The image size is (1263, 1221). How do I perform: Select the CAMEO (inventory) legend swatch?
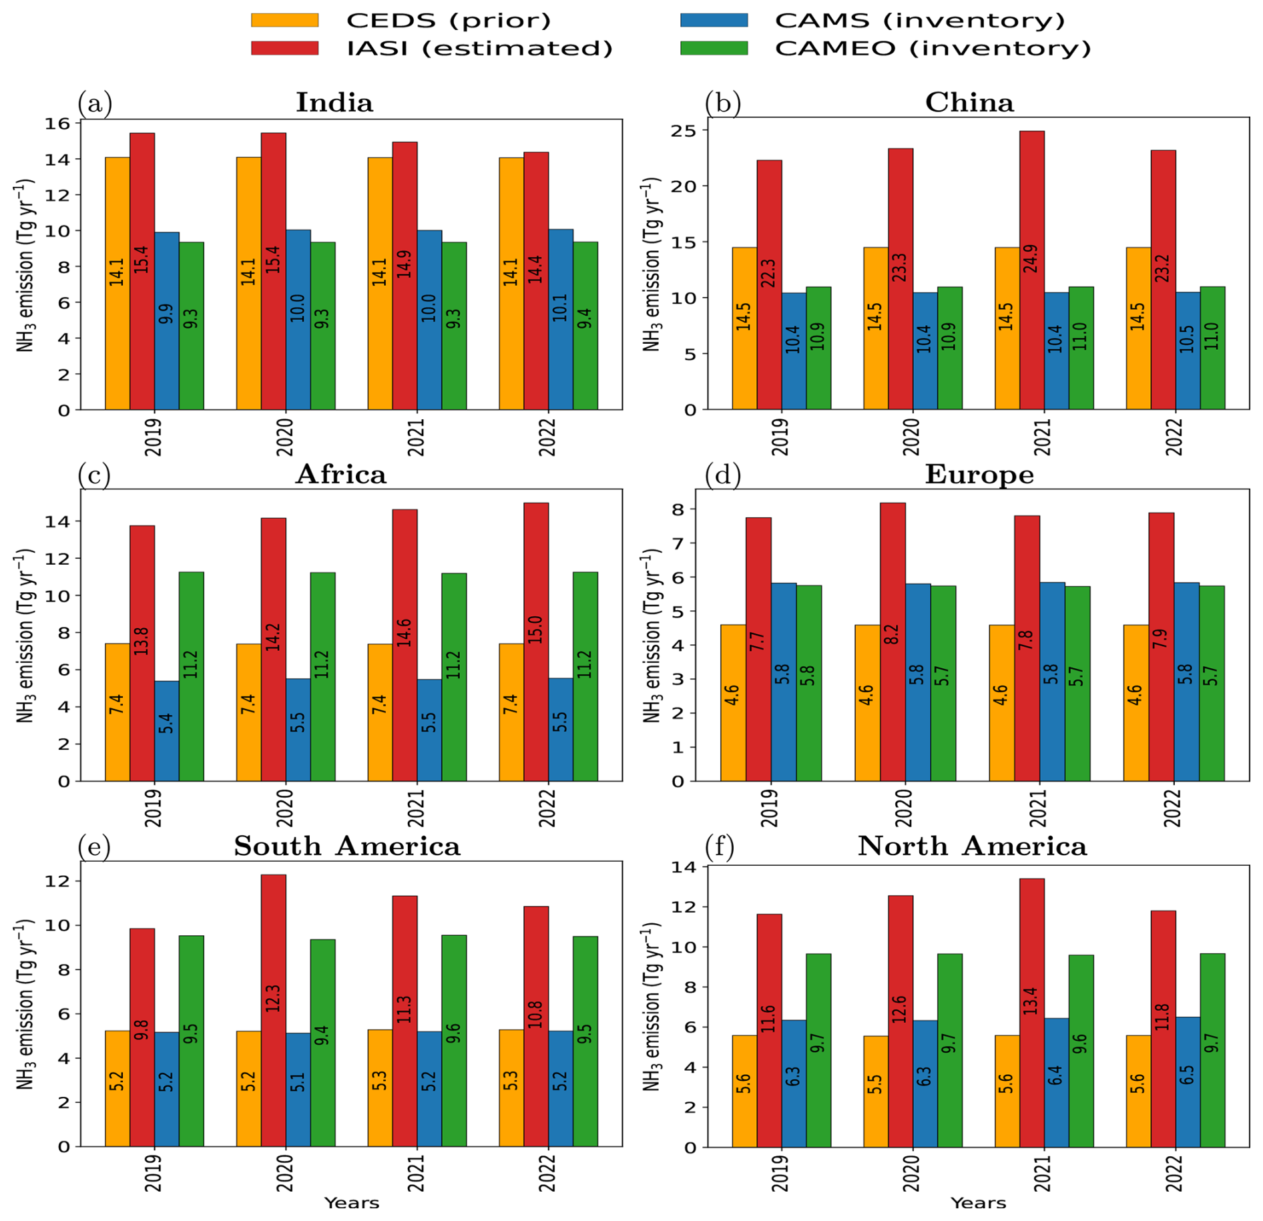click(714, 48)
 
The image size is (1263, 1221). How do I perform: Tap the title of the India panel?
click(334, 102)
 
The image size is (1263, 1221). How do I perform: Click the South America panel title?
click(346, 846)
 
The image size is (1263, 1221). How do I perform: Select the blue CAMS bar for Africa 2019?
click(167, 730)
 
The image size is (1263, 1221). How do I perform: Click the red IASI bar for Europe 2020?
click(893, 641)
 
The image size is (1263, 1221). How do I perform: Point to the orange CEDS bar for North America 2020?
click(875, 1091)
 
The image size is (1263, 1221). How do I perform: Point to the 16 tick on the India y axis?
click(58, 124)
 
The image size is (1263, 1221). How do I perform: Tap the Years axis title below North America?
click(978, 1202)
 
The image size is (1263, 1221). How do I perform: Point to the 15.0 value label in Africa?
click(536, 630)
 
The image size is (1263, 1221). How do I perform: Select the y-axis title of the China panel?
click(652, 264)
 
